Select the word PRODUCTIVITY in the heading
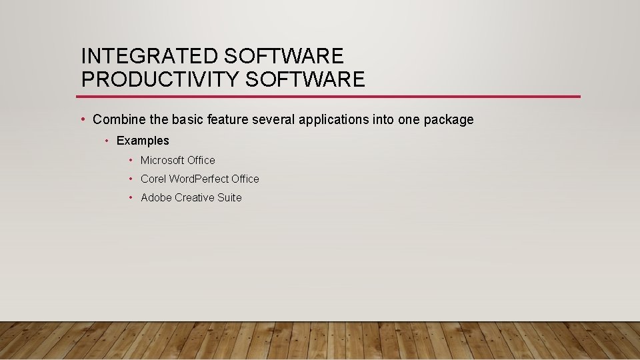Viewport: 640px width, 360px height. pyautogui.click(x=160, y=79)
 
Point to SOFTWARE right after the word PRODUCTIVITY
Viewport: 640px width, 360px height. pyautogui.click(x=305, y=79)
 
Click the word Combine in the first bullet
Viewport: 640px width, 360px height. pyautogui.click(x=116, y=120)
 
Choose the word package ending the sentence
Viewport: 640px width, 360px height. pyautogui.click(x=449, y=120)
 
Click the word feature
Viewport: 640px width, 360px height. pyautogui.click(x=227, y=120)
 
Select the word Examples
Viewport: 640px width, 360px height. pyautogui.click(x=143, y=141)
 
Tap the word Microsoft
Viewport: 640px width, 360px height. pyautogui.click(x=162, y=160)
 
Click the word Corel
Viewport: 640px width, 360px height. pyautogui.click(x=153, y=179)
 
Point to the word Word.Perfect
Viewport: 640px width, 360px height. pyautogui.click(x=199, y=179)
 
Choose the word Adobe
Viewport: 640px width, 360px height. pyautogui.click(x=156, y=197)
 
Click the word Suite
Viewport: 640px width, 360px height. pyautogui.click(x=229, y=197)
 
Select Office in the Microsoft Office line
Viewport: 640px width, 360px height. pyautogui.click(x=201, y=160)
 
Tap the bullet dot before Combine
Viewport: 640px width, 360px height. pyautogui.click(x=82, y=119)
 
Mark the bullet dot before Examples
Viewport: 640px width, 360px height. pyautogui.click(x=107, y=141)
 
